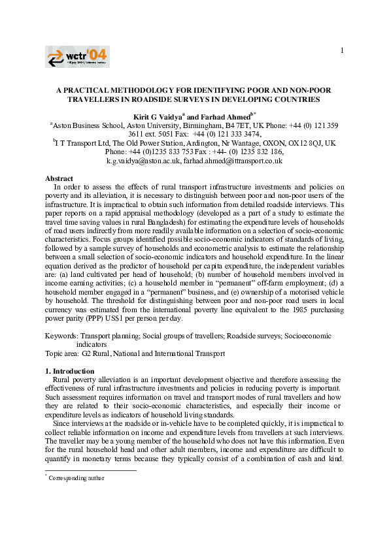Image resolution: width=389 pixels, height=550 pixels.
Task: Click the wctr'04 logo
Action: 77,57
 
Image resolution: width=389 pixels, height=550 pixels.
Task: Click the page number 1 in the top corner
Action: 341,51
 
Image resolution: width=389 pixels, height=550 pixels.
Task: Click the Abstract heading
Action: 59,178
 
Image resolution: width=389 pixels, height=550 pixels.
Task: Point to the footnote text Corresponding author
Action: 77,477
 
